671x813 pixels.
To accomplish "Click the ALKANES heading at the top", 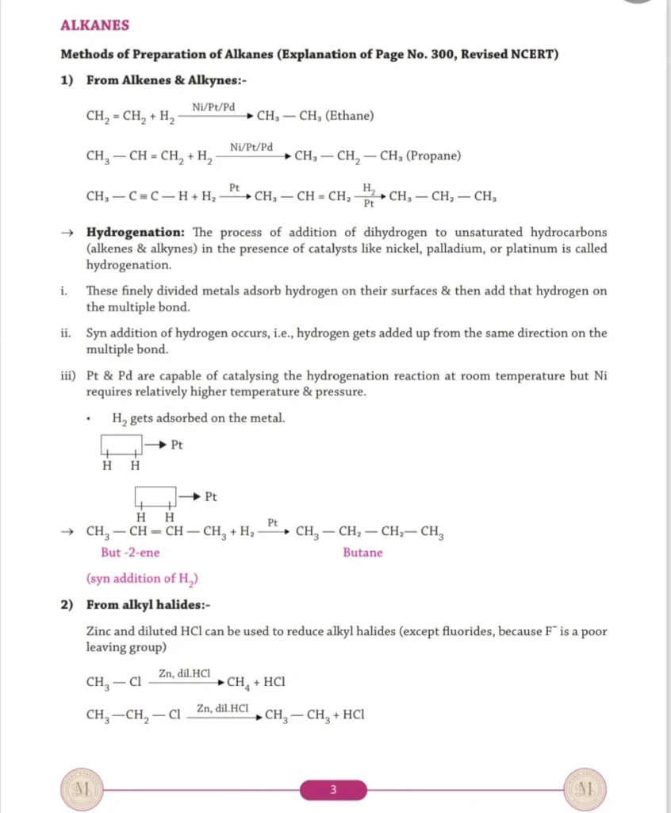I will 94,25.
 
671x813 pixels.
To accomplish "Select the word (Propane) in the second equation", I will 433,156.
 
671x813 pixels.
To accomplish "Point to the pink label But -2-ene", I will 130,553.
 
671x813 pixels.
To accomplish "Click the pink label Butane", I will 362,553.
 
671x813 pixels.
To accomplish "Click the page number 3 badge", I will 333,790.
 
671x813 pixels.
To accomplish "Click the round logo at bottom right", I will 586,790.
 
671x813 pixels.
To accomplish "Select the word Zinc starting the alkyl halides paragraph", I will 100,632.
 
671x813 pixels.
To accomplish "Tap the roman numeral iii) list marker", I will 68,376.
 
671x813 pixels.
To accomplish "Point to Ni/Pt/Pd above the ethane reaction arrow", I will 213,107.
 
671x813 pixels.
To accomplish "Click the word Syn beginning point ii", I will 97,333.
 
